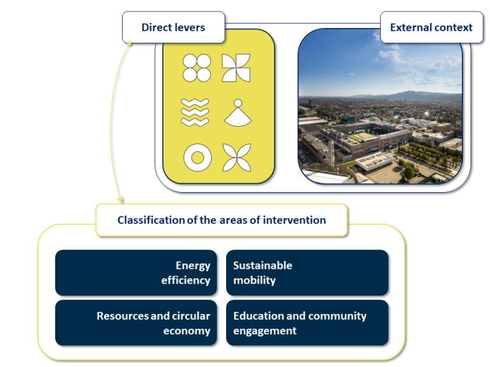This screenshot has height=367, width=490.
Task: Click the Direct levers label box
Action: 173,27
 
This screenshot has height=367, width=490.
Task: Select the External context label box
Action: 431,27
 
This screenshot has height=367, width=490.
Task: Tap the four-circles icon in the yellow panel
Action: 197,68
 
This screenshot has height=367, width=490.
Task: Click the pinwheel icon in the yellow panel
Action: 236,68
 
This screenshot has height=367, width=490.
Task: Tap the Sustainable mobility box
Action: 307,273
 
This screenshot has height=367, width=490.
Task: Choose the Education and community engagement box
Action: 307,323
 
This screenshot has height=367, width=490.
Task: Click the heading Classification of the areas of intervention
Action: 222,220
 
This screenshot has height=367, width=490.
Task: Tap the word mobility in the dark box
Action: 254,280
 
